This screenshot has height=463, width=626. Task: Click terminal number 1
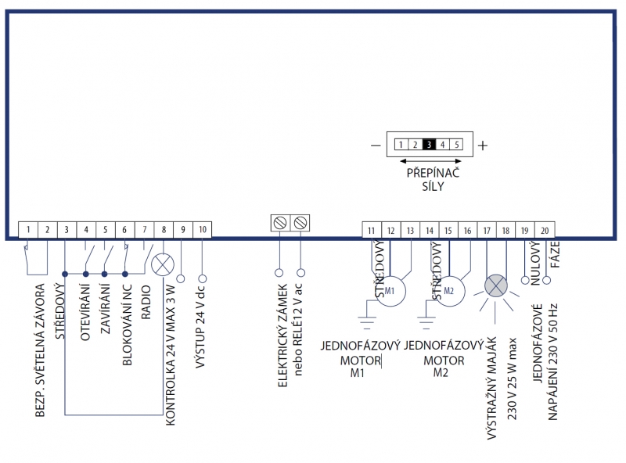28,230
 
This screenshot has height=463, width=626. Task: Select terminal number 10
202,230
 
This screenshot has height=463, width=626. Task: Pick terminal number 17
486,230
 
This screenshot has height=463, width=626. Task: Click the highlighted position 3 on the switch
429,145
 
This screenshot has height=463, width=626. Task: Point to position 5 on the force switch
457,145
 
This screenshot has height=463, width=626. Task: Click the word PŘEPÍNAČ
431,172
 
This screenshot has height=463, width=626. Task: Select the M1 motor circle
390,290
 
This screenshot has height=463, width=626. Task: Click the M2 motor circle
448,290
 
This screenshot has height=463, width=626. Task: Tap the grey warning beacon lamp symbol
496,285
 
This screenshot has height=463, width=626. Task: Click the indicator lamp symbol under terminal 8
164,264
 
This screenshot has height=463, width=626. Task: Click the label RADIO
145,300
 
